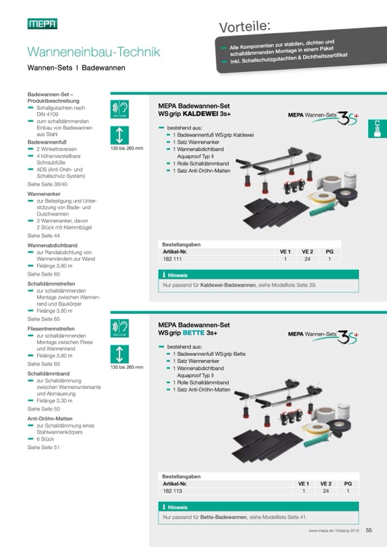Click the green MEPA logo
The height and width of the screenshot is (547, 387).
[x=42, y=24]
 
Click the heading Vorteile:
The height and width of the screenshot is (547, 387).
[x=245, y=26]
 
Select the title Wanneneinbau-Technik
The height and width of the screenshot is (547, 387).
[x=94, y=52]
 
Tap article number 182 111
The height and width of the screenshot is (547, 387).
[x=172, y=259]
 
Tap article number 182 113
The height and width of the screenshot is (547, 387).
[x=172, y=491]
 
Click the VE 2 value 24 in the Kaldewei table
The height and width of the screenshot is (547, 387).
[x=307, y=259]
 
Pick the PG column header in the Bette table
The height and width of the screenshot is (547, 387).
[x=348, y=484]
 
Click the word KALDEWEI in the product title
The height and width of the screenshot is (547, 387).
[x=201, y=114]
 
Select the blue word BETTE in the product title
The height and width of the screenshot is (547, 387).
[x=193, y=333]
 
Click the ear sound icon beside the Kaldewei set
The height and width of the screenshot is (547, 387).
[x=120, y=109]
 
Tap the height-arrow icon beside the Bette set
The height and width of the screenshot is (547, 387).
[x=120, y=354]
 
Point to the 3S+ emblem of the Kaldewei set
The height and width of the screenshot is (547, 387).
[x=348, y=118]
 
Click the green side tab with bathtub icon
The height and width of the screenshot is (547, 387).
[x=377, y=129]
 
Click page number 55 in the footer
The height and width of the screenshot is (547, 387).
[x=369, y=530]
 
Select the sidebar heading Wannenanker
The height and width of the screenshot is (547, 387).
[x=44, y=194]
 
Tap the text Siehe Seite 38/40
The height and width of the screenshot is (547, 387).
[x=47, y=184]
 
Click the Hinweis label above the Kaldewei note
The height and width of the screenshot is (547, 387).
[x=178, y=275]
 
